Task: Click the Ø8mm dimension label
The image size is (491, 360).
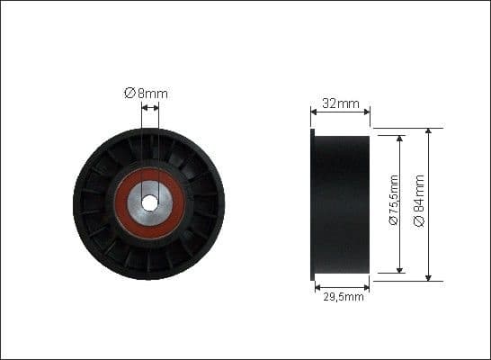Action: pyautogui.click(x=146, y=93)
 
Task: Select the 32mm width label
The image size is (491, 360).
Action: pyautogui.click(x=340, y=103)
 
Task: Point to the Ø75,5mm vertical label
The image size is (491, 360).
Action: pyautogui.click(x=393, y=202)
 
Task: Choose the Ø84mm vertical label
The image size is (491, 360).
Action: pyautogui.click(x=420, y=202)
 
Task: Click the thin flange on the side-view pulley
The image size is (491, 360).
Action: pyautogui.click(x=312, y=204)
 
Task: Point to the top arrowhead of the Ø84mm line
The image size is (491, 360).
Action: pyautogui.click(x=428, y=131)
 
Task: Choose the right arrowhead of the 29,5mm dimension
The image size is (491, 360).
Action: pyautogui.click(x=366, y=287)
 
